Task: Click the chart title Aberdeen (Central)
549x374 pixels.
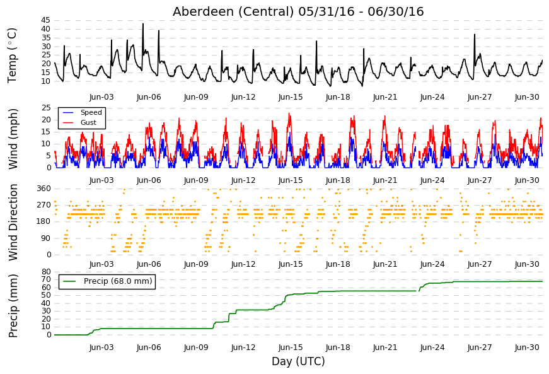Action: point(233,11)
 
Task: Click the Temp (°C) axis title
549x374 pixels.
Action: point(12,56)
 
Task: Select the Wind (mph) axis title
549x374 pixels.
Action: point(13,139)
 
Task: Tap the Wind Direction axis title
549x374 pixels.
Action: point(13,223)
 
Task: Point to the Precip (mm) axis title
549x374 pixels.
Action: point(13,306)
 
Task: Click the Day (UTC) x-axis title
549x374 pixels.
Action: point(298,361)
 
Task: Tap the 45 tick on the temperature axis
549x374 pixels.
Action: point(45,20)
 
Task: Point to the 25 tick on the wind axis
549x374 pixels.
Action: point(46,108)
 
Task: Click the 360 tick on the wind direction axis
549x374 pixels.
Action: point(43,189)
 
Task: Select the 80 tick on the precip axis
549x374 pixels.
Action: point(46,272)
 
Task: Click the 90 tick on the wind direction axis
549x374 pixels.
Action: point(46,238)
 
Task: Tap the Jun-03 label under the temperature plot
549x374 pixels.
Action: point(101,97)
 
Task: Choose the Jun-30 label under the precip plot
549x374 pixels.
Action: point(527,348)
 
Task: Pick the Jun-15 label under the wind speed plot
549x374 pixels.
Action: point(291,180)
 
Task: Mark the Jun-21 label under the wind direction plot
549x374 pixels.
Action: point(385,264)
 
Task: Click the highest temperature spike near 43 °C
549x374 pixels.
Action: point(143,24)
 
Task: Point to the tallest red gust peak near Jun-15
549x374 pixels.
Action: point(289,114)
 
